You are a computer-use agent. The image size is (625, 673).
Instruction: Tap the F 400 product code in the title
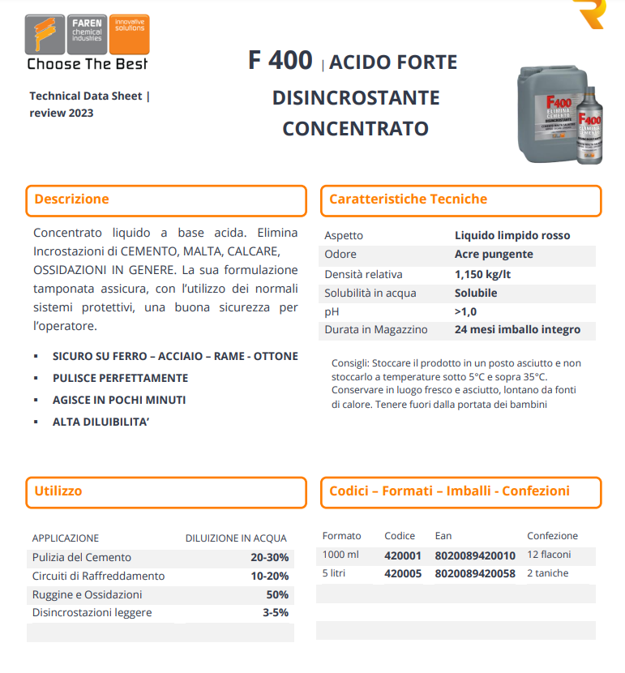pyautogui.click(x=280, y=61)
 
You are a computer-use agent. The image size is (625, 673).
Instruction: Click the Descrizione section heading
pyautogui.click(x=71, y=199)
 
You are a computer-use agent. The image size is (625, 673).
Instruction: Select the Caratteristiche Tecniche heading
pyautogui.click(x=408, y=199)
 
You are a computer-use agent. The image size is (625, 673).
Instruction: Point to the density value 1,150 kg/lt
pyautogui.click(x=482, y=274)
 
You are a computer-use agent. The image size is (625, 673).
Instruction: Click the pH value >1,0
pyautogui.click(x=466, y=311)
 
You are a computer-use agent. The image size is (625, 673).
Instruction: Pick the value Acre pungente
pyautogui.click(x=494, y=255)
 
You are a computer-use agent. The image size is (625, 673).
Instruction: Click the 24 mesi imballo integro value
pyautogui.click(x=517, y=330)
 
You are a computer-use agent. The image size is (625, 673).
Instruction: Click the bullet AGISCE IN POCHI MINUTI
pyautogui.click(x=119, y=400)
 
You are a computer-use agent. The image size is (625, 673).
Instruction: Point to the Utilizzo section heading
pyautogui.click(x=58, y=491)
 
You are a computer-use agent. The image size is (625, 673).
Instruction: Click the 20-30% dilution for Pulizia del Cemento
pyautogui.click(x=269, y=558)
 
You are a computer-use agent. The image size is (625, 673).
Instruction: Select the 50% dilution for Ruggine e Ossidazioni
pyautogui.click(x=277, y=594)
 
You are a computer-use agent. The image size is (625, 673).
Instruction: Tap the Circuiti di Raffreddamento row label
pyautogui.click(x=98, y=576)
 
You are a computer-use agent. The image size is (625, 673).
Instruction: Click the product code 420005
pyautogui.click(x=403, y=573)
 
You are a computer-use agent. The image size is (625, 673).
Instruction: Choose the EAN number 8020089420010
pyautogui.click(x=475, y=555)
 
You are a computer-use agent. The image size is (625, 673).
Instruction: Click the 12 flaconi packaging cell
pyautogui.click(x=549, y=555)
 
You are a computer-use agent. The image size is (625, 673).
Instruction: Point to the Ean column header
pyautogui.click(x=443, y=536)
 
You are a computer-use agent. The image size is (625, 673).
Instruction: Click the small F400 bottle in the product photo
pyautogui.click(x=590, y=130)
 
